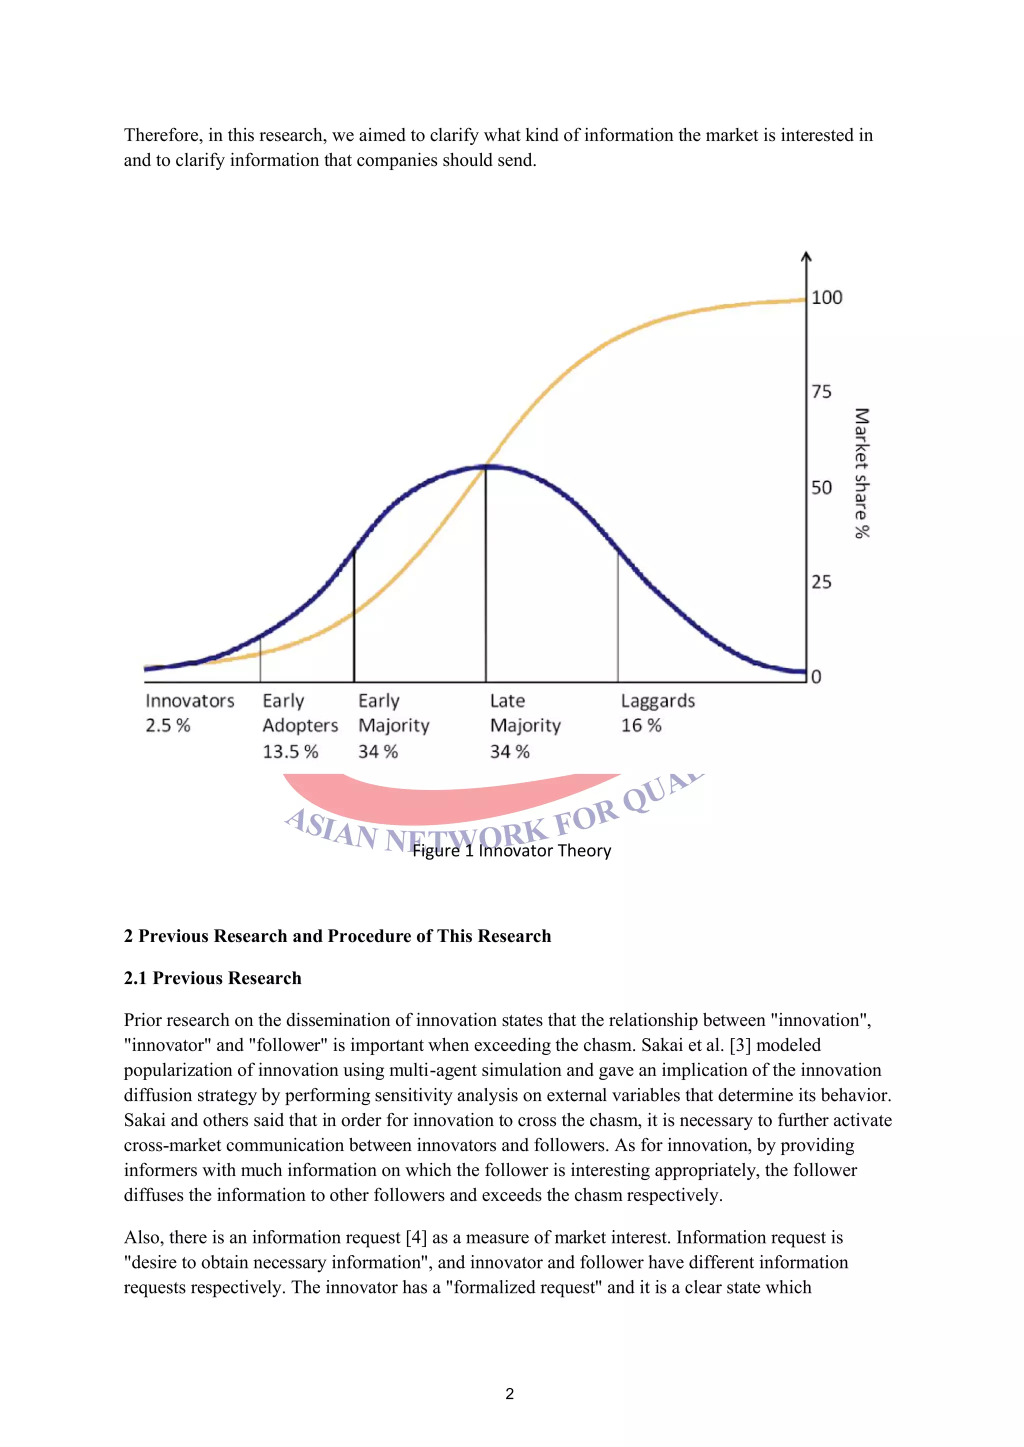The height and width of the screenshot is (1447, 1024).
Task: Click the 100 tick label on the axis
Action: coord(826,297)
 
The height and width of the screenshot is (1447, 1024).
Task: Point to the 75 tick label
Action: coord(821,392)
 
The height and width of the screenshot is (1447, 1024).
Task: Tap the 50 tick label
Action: coord(821,487)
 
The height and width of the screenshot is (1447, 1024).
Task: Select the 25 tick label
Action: coord(821,582)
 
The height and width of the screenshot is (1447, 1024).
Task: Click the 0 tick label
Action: coord(816,677)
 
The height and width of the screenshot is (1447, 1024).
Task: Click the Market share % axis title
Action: coord(861,473)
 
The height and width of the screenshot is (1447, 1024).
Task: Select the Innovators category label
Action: coord(190,701)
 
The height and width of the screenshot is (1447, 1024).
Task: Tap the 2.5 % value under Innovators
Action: coord(167,725)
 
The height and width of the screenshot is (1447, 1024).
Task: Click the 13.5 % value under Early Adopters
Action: coord(290,751)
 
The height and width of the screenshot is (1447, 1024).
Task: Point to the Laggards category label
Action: coord(657,701)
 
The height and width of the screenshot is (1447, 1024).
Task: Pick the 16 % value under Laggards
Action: coord(641,725)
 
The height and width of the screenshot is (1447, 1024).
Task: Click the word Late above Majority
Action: coord(507,701)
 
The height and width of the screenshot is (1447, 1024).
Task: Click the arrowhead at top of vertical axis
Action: coord(806,256)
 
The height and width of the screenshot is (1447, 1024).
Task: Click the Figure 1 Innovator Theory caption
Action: coord(511,850)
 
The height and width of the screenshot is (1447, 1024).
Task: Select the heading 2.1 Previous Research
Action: coord(212,978)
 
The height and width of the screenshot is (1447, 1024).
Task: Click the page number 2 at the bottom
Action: coord(509,1394)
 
